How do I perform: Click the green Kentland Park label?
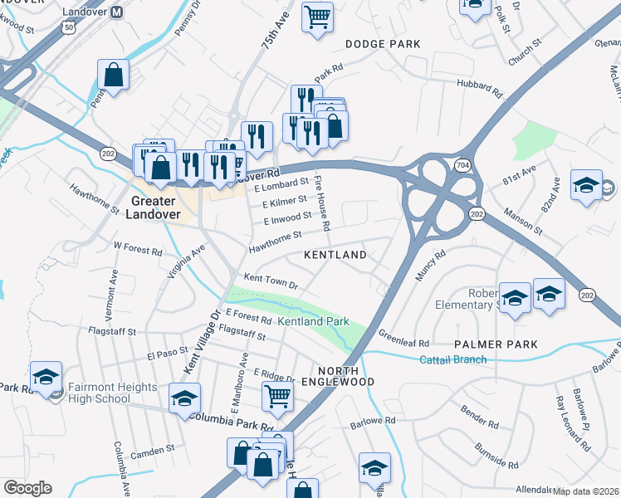[x=312, y=321]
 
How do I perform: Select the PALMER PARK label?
[x=496, y=344]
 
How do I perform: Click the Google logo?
[x=27, y=488]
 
